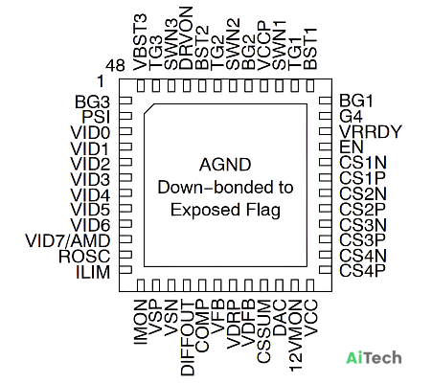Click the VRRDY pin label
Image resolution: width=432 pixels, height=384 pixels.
pyautogui.click(x=370, y=132)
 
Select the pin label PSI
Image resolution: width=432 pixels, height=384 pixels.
pyautogui.click(x=96, y=117)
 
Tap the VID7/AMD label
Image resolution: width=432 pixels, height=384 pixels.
pyautogui.click(x=68, y=241)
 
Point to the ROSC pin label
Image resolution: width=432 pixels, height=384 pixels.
pyautogui.click(x=84, y=257)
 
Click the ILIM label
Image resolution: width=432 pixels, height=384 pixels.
pyautogui.click(x=93, y=272)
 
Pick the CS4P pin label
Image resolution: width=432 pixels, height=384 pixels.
pyautogui.click(x=362, y=271)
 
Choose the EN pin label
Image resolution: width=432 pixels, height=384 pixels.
pyautogui.click(x=352, y=147)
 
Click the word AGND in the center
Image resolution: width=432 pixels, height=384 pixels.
pyautogui.click(x=225, y=165)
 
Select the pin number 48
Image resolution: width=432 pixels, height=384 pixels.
pyautogui.click(x=115, y=66)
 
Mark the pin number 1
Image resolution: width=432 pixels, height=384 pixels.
pyautogui.click(x=101, y=81)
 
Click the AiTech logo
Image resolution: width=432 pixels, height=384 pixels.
pyautogui.click(x=374, y=358)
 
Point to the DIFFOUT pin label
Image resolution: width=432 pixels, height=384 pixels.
pyautogui.click(x=188, y=338)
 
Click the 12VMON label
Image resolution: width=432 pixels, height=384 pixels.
pyautogui.click(x=296, y=335)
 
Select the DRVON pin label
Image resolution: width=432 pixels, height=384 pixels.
pyautogui.click(x=186, y=38)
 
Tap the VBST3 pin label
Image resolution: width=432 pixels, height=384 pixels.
pyautogui.click(x=140, y=42)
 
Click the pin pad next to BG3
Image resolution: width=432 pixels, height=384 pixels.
pyautogui.click(x=125, y=101)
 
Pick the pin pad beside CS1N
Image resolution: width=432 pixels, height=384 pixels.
pyautogui.click(x=326, y=163)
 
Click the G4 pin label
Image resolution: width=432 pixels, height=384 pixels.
pyautogui.click(x=351, y=117)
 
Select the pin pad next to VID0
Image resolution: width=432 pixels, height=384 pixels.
pyautogui.click(x=125, y=131)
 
